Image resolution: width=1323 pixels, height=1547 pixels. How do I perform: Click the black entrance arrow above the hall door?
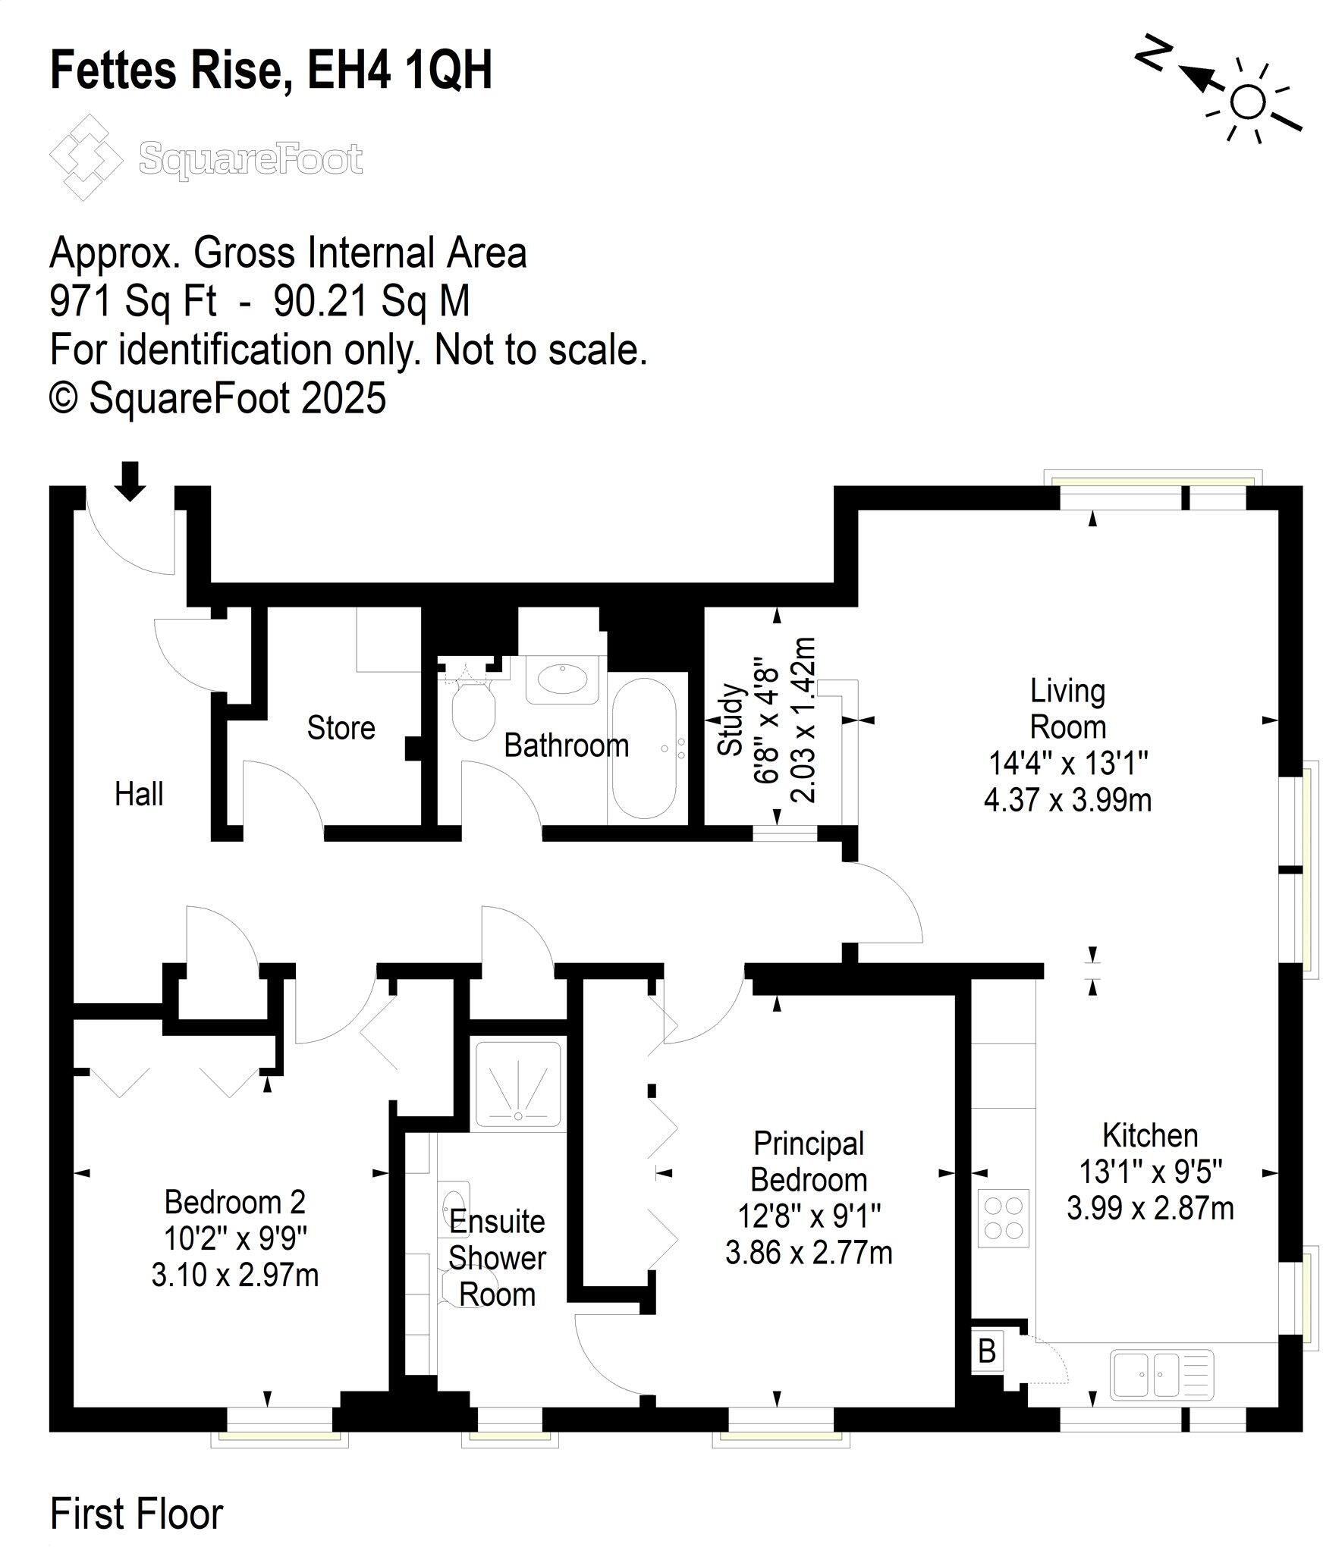click(131, 481)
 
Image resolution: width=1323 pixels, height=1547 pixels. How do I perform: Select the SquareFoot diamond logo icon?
click(85, 157)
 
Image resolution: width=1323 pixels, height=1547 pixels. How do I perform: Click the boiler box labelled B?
click(987, 1351)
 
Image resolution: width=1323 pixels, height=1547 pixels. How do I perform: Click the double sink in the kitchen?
click(1161, 1374)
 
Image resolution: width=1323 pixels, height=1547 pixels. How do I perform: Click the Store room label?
click(341, 728)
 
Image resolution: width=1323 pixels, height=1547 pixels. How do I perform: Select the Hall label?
click(139, 794)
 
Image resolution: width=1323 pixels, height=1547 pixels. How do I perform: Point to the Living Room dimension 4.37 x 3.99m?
click(1067, 800)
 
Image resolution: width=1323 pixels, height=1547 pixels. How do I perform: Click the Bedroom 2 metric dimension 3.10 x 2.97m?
click(234, 1275)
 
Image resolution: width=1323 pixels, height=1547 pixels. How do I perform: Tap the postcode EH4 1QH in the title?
click(399, 70)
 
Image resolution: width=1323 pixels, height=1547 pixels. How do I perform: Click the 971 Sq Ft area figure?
click(134, 301)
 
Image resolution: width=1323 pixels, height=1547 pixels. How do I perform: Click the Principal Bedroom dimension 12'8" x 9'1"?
click(809, 1216)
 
